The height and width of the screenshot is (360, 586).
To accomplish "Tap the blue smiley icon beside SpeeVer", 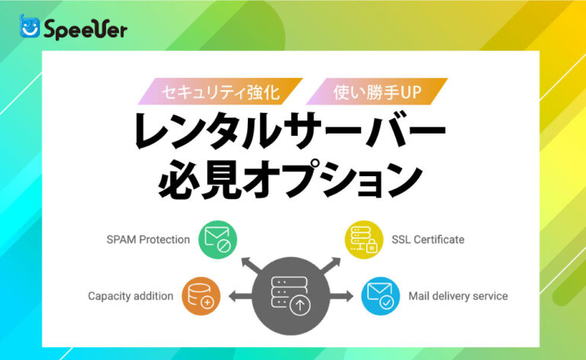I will (30, 27).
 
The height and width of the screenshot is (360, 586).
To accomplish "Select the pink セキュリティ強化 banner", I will (221, 92).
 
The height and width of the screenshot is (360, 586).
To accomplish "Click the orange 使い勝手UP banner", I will (377, 92).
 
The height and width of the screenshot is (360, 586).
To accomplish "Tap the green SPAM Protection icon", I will (217, 239).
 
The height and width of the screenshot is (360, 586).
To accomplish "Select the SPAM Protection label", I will (148, 239).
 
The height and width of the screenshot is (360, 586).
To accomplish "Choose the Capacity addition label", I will (130, 295).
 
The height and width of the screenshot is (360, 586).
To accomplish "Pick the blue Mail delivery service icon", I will (380, 295).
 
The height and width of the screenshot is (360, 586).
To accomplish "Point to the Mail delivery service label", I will (458, 295).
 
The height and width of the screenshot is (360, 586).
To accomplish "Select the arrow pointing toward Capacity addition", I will (239, 296).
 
